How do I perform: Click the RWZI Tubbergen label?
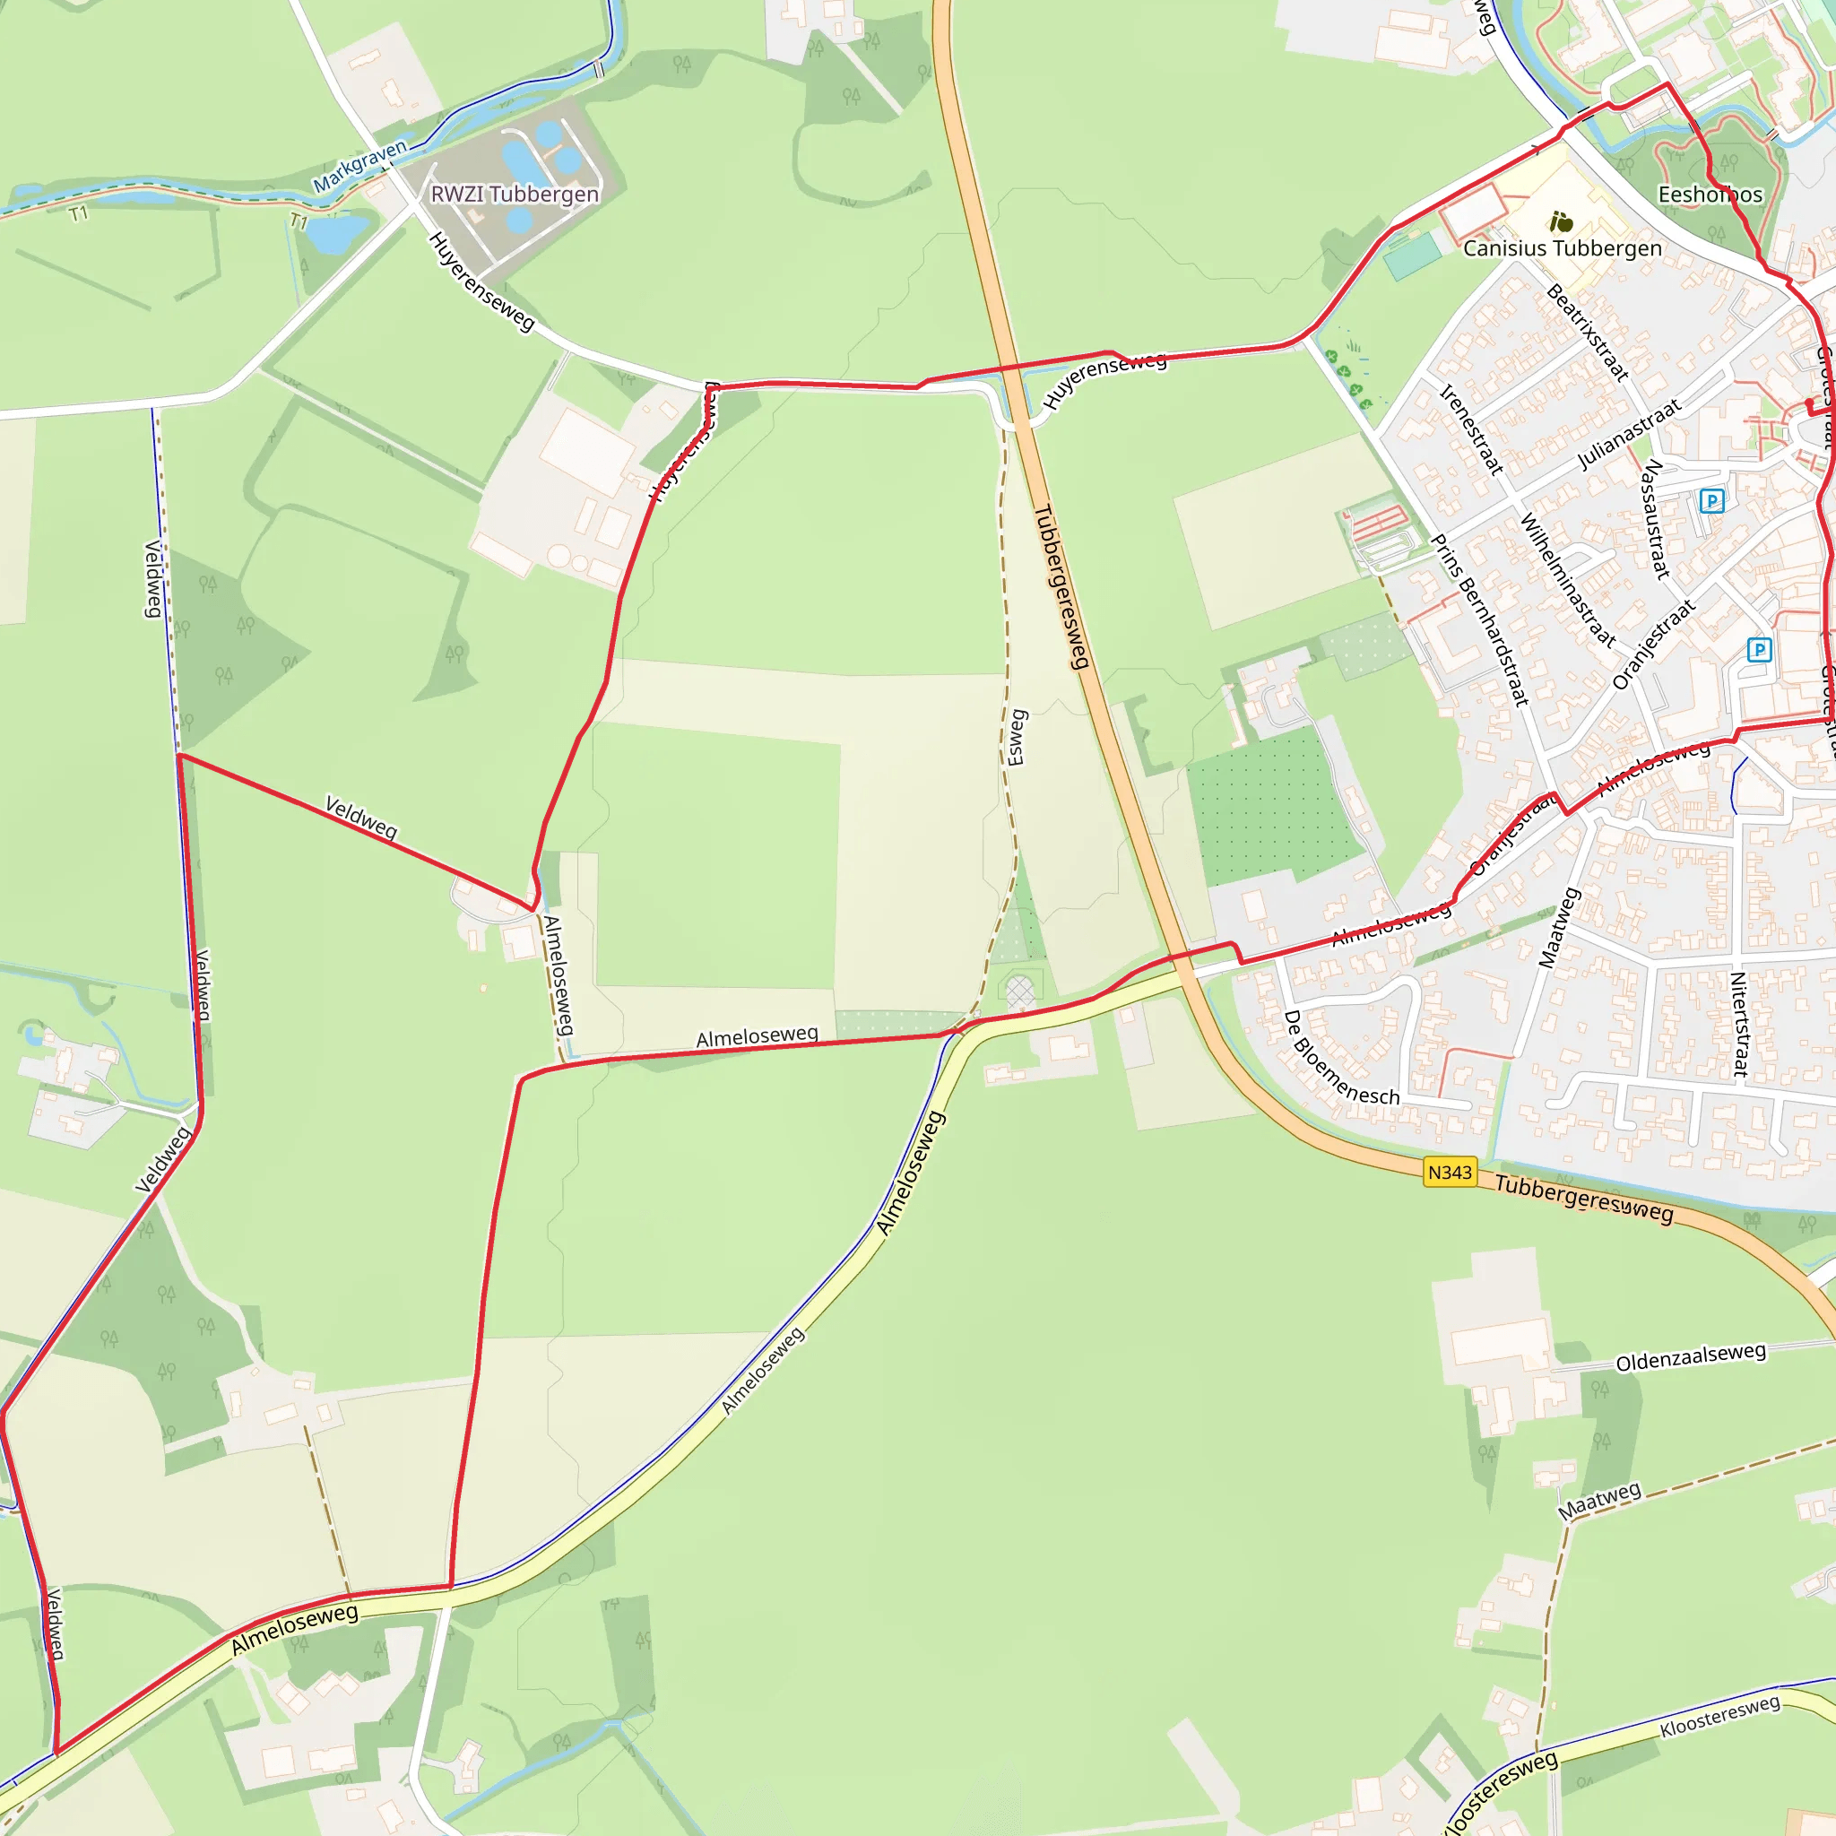pos(515,195)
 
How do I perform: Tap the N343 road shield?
pos(1450,1173)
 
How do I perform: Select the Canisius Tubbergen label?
pos(1563,249)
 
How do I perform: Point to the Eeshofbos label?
pos(1710,195)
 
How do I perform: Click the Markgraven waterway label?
pos(360,165)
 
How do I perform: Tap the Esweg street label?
pos(1017,738)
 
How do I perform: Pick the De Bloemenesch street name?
pos(1341,1059)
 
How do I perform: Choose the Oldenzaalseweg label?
pos(1691,1357)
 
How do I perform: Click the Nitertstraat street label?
pos(1738,1024)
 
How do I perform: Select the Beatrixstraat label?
pos(1587,333)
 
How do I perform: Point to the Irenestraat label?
pos(1471,429)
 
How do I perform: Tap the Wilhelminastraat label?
pos(1567,580)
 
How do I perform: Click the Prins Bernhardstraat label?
pos(1479,620)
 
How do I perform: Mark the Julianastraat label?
pos(1629,434)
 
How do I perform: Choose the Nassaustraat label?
pos(1657,519)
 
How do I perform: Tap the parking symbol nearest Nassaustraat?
pos(1711,501)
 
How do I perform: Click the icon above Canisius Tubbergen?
pos(1562,222)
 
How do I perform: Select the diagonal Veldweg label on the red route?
pos(361,818)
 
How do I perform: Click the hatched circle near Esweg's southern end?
pos(1019,993)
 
